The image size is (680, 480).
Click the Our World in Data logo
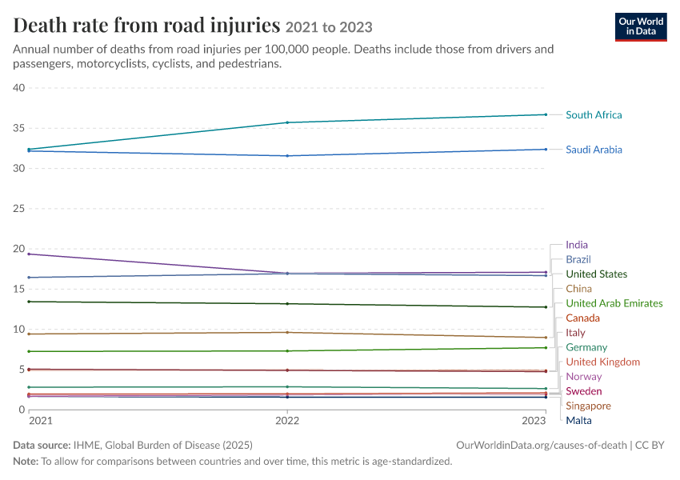coord(641,27)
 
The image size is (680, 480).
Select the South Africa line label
coord(594,115)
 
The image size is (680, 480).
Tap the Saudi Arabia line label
coord(594,150)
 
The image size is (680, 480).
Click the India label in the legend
coord(577,245)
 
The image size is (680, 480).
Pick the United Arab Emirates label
coord(614,303)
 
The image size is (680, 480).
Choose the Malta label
coord(578,421)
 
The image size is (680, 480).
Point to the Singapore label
coord(588,406)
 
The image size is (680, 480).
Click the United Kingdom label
coord(603,362)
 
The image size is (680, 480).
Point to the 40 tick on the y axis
coord(19,88)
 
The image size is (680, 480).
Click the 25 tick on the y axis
coord(19,209)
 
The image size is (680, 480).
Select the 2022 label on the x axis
coord(287,421)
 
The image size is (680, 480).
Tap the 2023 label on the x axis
coord(534,421)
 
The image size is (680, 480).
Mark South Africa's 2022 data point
coord(287,122)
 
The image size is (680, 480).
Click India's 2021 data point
coord(29,254)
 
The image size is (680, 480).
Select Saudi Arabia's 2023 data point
coord(546,149)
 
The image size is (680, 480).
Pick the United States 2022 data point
coord(287,304)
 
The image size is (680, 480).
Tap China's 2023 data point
coord(546,338)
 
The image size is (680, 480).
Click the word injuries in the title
coord(246,26)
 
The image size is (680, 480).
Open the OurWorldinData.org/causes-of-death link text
coord(542,446)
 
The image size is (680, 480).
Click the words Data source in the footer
coord(42,446)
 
